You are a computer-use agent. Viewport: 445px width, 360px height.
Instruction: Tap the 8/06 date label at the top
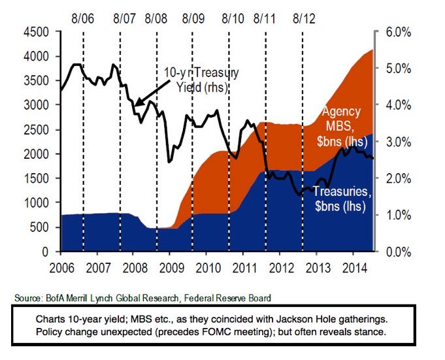pos(84,17)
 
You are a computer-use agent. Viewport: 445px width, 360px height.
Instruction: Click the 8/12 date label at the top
pos(303,17)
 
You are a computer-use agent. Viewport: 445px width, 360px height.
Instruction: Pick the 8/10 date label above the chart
pos(229,17)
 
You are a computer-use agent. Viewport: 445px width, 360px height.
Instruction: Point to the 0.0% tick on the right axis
pos(396,252)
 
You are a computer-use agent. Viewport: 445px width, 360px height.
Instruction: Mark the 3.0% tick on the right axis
pos(396,142)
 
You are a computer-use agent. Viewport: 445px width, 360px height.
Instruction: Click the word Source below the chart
pos(26,298)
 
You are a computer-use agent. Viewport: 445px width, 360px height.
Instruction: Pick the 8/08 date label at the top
pos(157,17)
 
